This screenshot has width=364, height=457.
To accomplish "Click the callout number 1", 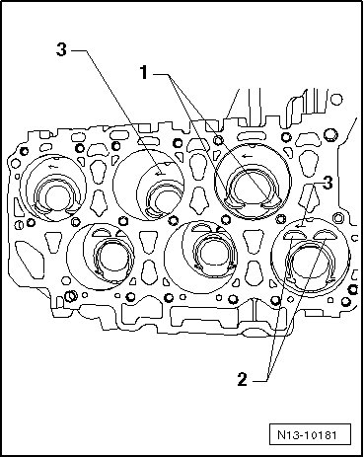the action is [144, 72].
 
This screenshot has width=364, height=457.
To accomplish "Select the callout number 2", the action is [242, 379].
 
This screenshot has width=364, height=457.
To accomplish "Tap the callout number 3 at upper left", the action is [61, 49].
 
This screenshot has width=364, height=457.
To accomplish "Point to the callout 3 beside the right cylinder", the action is [328, 183].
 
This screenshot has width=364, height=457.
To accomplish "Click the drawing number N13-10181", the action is [307, 435].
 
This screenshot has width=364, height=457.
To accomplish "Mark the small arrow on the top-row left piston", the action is [53, 167].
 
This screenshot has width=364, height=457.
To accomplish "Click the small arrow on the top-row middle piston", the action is [161, 173].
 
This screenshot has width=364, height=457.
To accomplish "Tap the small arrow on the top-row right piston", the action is [246, 156].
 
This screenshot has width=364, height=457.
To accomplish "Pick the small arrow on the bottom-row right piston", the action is [300, 226].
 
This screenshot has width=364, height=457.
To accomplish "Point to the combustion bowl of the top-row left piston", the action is [56, 197].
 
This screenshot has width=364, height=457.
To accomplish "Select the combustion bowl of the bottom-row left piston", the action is [113, 258].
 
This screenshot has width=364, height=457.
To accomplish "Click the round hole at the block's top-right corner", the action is [336, 99].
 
